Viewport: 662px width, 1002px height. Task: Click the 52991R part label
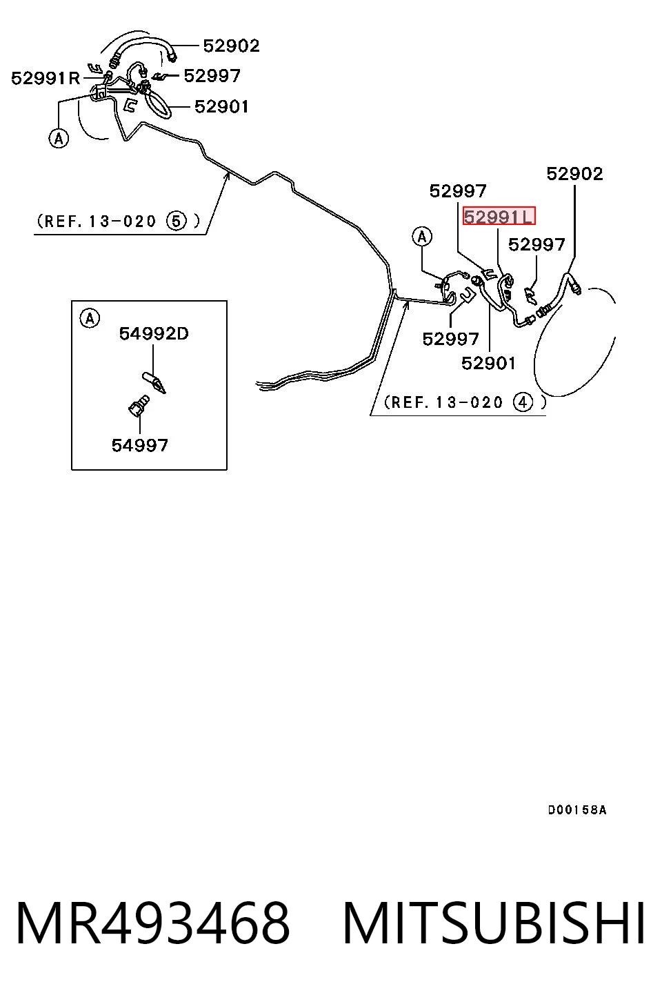tap(46, 78)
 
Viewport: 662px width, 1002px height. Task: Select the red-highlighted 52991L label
tap(499, 217)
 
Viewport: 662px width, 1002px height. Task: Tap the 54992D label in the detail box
tap(154, 333)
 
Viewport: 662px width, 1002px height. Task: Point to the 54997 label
tap(139, 445)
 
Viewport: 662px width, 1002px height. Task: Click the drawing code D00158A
tap(577, 809)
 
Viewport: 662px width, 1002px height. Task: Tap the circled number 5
tap(176, 221)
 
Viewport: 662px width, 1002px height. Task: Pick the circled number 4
tap(523, 402)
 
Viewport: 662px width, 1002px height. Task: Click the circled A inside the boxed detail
tap(90, 319)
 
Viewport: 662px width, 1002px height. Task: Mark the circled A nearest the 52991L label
tap(422, 237)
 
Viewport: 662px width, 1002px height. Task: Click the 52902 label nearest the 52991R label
tap(231, 46)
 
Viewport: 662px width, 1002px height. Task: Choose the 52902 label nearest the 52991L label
tap(574, 174)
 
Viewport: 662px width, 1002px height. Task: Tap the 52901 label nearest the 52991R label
tap(221, 106)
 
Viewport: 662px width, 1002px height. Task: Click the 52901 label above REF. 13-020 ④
tap(488, 363)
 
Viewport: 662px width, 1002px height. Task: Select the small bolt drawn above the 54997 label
tap(139, 406)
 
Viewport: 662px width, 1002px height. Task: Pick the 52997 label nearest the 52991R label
tap(212, 76)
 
